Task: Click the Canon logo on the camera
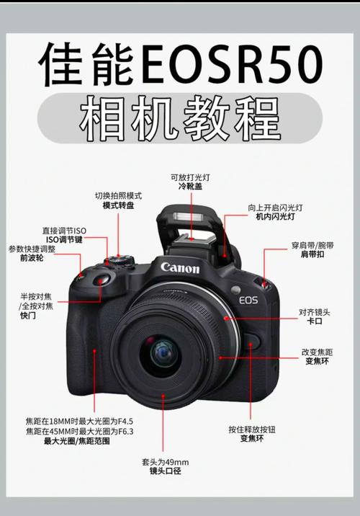click(x=180, y=267)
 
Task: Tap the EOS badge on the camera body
click(x=248, y=299)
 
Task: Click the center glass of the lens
click(x=161, y=351)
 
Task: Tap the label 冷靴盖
click(x=190, y=187)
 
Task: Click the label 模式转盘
click(x=118, y=205)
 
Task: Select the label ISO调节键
click(x=64, y=239)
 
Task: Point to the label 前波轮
click(x=31, y=257)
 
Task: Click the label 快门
click(x=28, y=315)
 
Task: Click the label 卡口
click(x=315, y=321)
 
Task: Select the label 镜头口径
click(x=165, y=471)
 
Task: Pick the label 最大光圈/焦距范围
click(x=77, y=441)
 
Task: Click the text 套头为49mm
click(x=165, y=461)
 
